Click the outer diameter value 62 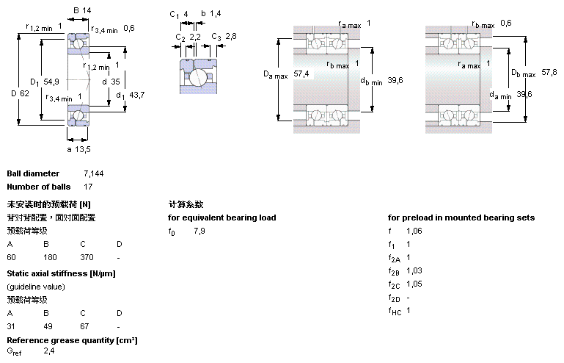click(24, 93)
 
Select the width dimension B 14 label click(82, 10)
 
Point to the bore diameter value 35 click(115, 82)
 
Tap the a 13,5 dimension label click(78, 149)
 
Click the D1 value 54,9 click(51, 82)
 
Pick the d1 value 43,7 click(136, 95)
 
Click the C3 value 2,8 click(231, 36)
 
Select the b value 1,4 click(216, 14)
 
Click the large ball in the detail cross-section click(198, 77)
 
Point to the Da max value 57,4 click(301, 74)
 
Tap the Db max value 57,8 click(549, 72)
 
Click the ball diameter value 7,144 click(94, 173)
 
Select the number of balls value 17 click(88, 187)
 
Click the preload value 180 click(50, 257)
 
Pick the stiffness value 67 click(84, 326)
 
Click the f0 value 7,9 click(199, 231)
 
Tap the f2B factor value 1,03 click(414, 270)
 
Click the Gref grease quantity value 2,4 click(49, 351)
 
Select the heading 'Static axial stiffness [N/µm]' click(61, 273)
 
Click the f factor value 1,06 click(414, 231)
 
